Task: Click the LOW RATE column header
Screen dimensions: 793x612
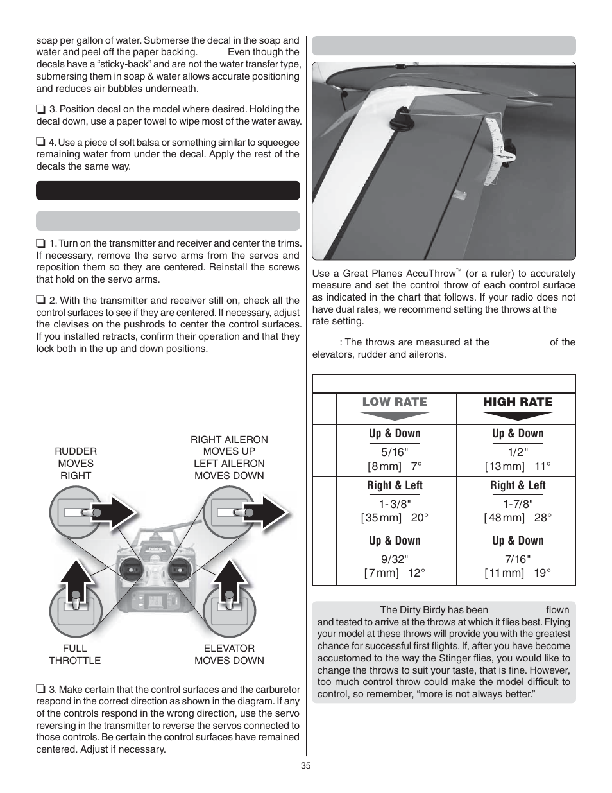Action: [x=394, y=402]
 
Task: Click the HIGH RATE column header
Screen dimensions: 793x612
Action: [x=517, y=402]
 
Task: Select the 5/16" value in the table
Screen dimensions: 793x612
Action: [x=394, y=452]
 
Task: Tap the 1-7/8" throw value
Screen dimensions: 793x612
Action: [x=517, y=504]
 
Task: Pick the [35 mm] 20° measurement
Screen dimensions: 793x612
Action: [x=394, y=518]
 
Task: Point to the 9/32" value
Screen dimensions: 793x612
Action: [x=394, y=559]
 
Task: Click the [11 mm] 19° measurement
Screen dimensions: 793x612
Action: [x=517, y=573]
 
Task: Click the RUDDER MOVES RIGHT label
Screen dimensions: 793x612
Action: [x=76, y=463]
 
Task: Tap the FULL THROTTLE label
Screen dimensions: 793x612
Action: [x=74, y=654]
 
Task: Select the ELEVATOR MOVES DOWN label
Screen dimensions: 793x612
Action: [x=229, y=654]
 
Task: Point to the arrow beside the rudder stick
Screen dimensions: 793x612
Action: [x=119, y=512]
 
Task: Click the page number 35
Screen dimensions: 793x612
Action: [x=305, y=765]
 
